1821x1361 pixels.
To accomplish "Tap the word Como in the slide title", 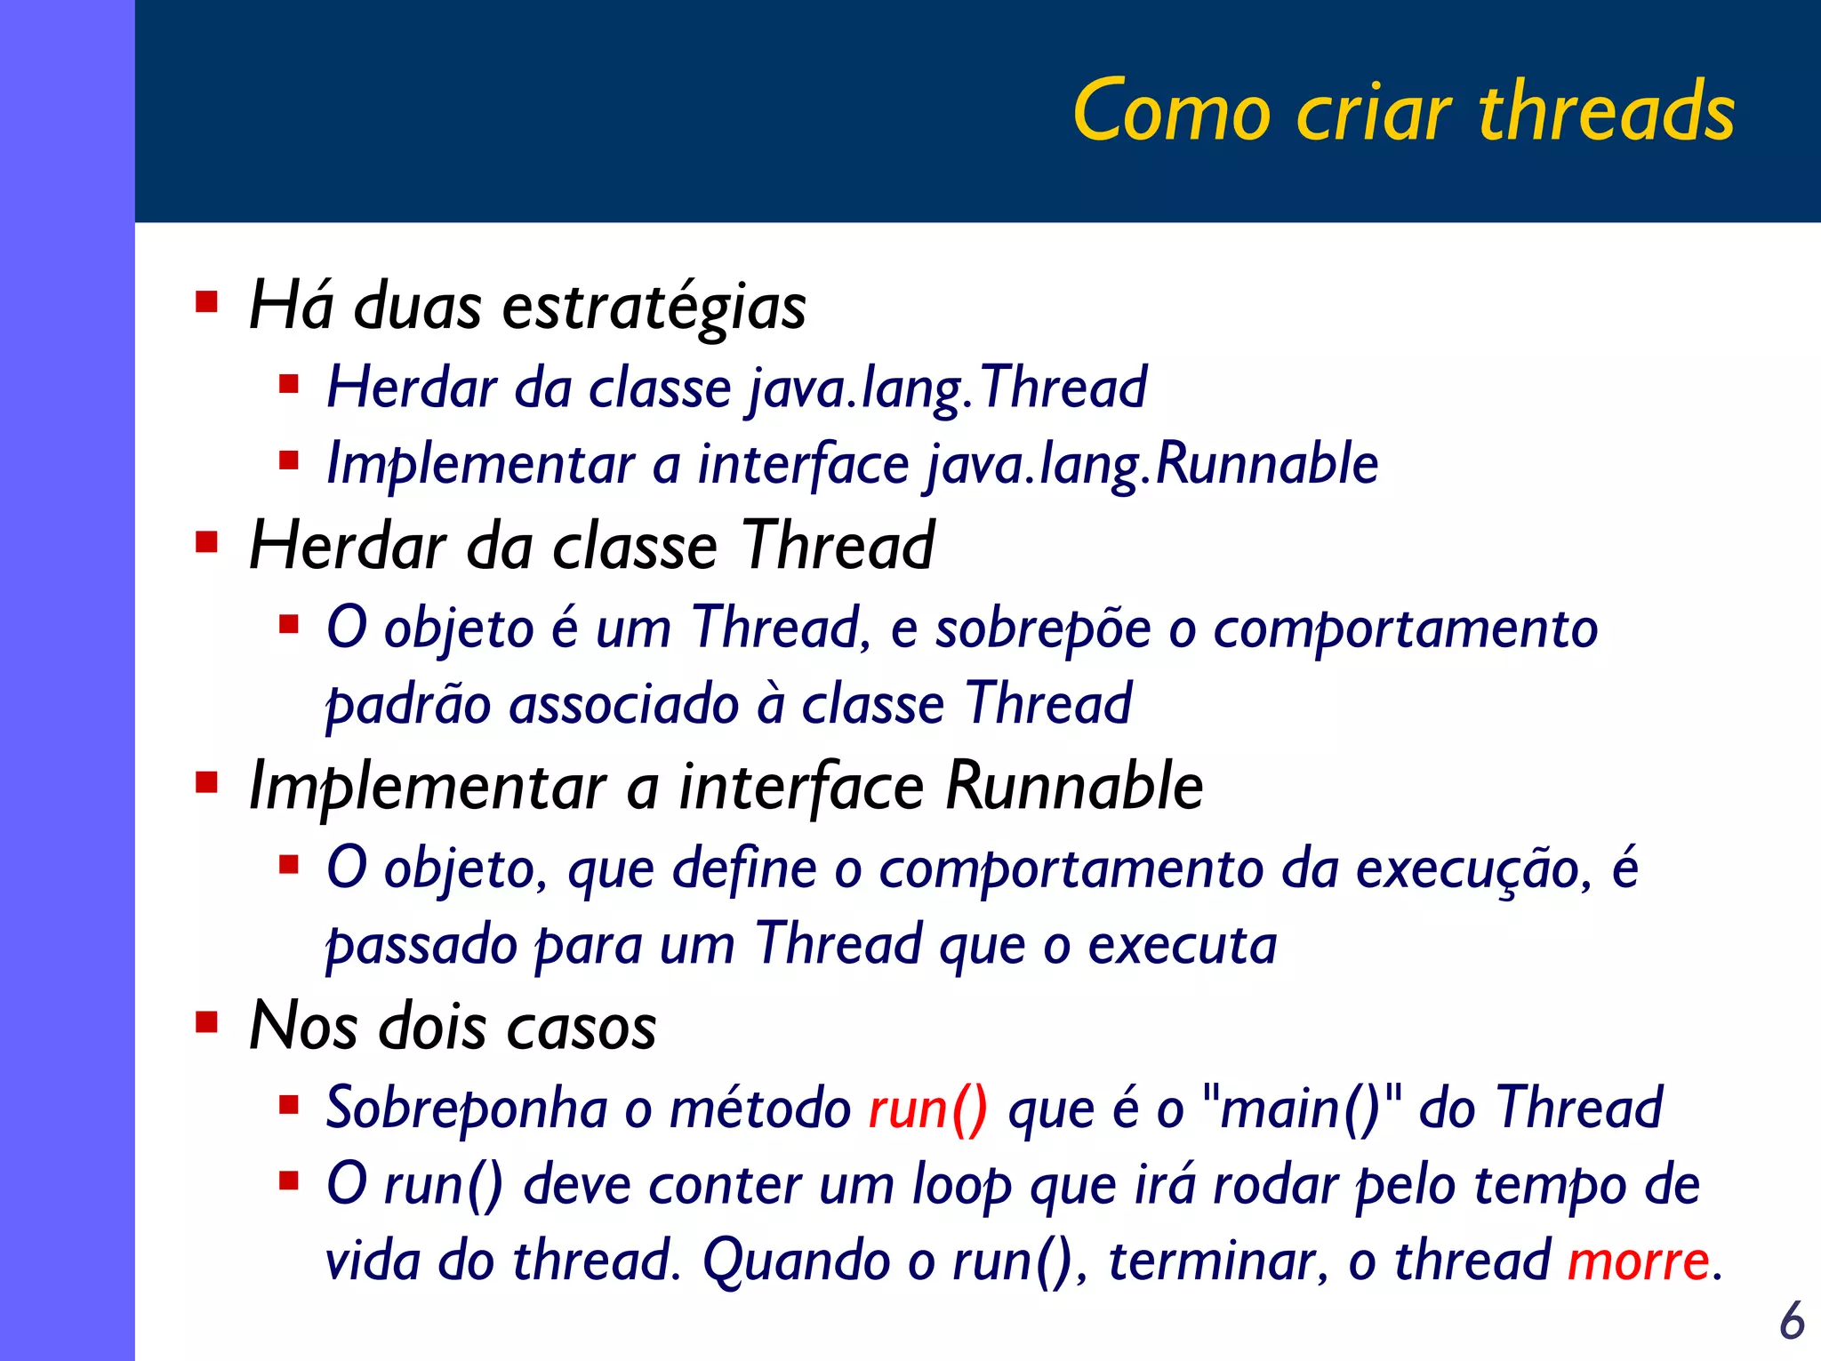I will pyautogui.click(x=1172, y=112).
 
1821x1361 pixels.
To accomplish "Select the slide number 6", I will pyautogui.click(x=1792, y=1321).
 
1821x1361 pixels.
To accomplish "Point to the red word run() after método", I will pyautogui.click(x=927, y=1109).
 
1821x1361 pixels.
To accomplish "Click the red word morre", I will pyautogui.click(x=1638, y=1261).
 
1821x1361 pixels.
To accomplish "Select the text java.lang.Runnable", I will pyautogui.click(x=1152, y=465).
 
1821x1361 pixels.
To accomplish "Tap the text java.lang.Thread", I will pyautogui.click(x=947, y=388).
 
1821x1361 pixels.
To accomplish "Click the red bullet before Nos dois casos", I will pyautogui.click(x=207, y=1022).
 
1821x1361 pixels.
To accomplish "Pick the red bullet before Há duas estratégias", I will pyautogui.click(x=207, y=302).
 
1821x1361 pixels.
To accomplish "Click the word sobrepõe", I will pyautogui.click(x=1043, y=629).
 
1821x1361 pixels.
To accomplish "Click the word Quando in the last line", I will pyautogui.click(x=794, y=1261).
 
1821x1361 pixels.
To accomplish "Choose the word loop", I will pyautogui.click(x=962, y=1187).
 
